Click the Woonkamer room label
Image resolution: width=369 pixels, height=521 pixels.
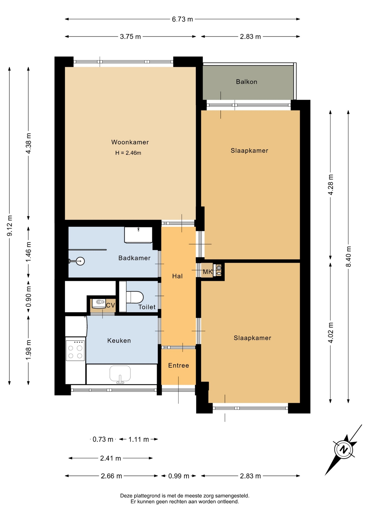tap(130, 142)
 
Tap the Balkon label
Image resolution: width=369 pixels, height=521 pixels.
tap(246, 82)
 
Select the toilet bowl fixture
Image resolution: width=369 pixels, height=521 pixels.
tap(135, 297)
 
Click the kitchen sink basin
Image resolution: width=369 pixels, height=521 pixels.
tap(120, 374)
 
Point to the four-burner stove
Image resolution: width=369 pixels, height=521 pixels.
tap(75, 350)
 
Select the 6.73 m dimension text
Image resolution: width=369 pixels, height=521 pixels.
tap(182, 19)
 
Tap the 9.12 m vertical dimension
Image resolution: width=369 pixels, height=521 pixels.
tap(10, 225)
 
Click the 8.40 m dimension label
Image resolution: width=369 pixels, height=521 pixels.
tap(349, 256)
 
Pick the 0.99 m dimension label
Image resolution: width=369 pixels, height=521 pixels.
tap(179, 476)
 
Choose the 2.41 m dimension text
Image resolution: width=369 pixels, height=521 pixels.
tap(111, 458)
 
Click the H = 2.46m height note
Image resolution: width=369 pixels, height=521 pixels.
tap(128, 153)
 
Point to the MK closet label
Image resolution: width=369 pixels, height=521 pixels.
tap(208, 272)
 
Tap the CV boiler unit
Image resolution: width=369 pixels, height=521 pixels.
tap(99, 304)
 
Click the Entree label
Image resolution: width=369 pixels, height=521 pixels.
tap(179, 366)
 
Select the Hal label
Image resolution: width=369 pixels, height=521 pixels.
tap(177, 276)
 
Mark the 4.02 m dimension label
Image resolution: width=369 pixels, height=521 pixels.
tap(331, 333)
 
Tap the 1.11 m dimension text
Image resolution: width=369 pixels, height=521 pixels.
tap(139, 439)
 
